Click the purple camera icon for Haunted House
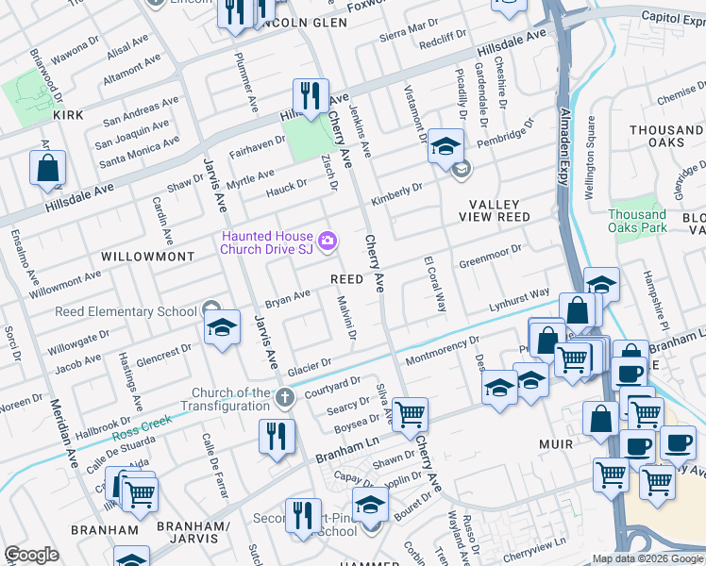[328, 241]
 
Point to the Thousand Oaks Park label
[637, 221]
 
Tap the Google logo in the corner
[31, 555]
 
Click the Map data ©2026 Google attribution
[647, 559]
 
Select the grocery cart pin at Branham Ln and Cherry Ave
[411, 414]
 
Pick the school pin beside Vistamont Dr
[445, 146]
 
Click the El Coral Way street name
[435, 282]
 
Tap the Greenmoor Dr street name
[490, 256]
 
